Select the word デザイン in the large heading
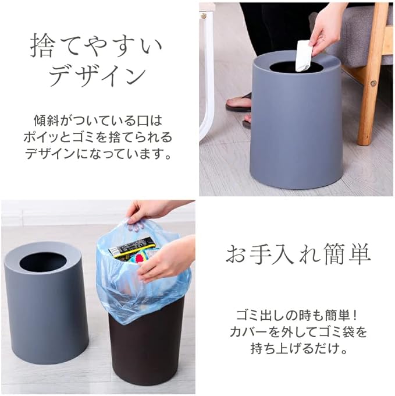click(x=97, y=76)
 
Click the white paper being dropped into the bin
click(x=304, y=56)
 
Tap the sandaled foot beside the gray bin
click(x=239, y=103)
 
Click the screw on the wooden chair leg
click(x=373, y=83)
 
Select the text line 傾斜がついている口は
click(x=98, y=121)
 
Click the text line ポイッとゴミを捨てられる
click(x=98, y=137)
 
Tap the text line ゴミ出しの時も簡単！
click(x=297, y=316)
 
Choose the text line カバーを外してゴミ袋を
click(x=298, y=332)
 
